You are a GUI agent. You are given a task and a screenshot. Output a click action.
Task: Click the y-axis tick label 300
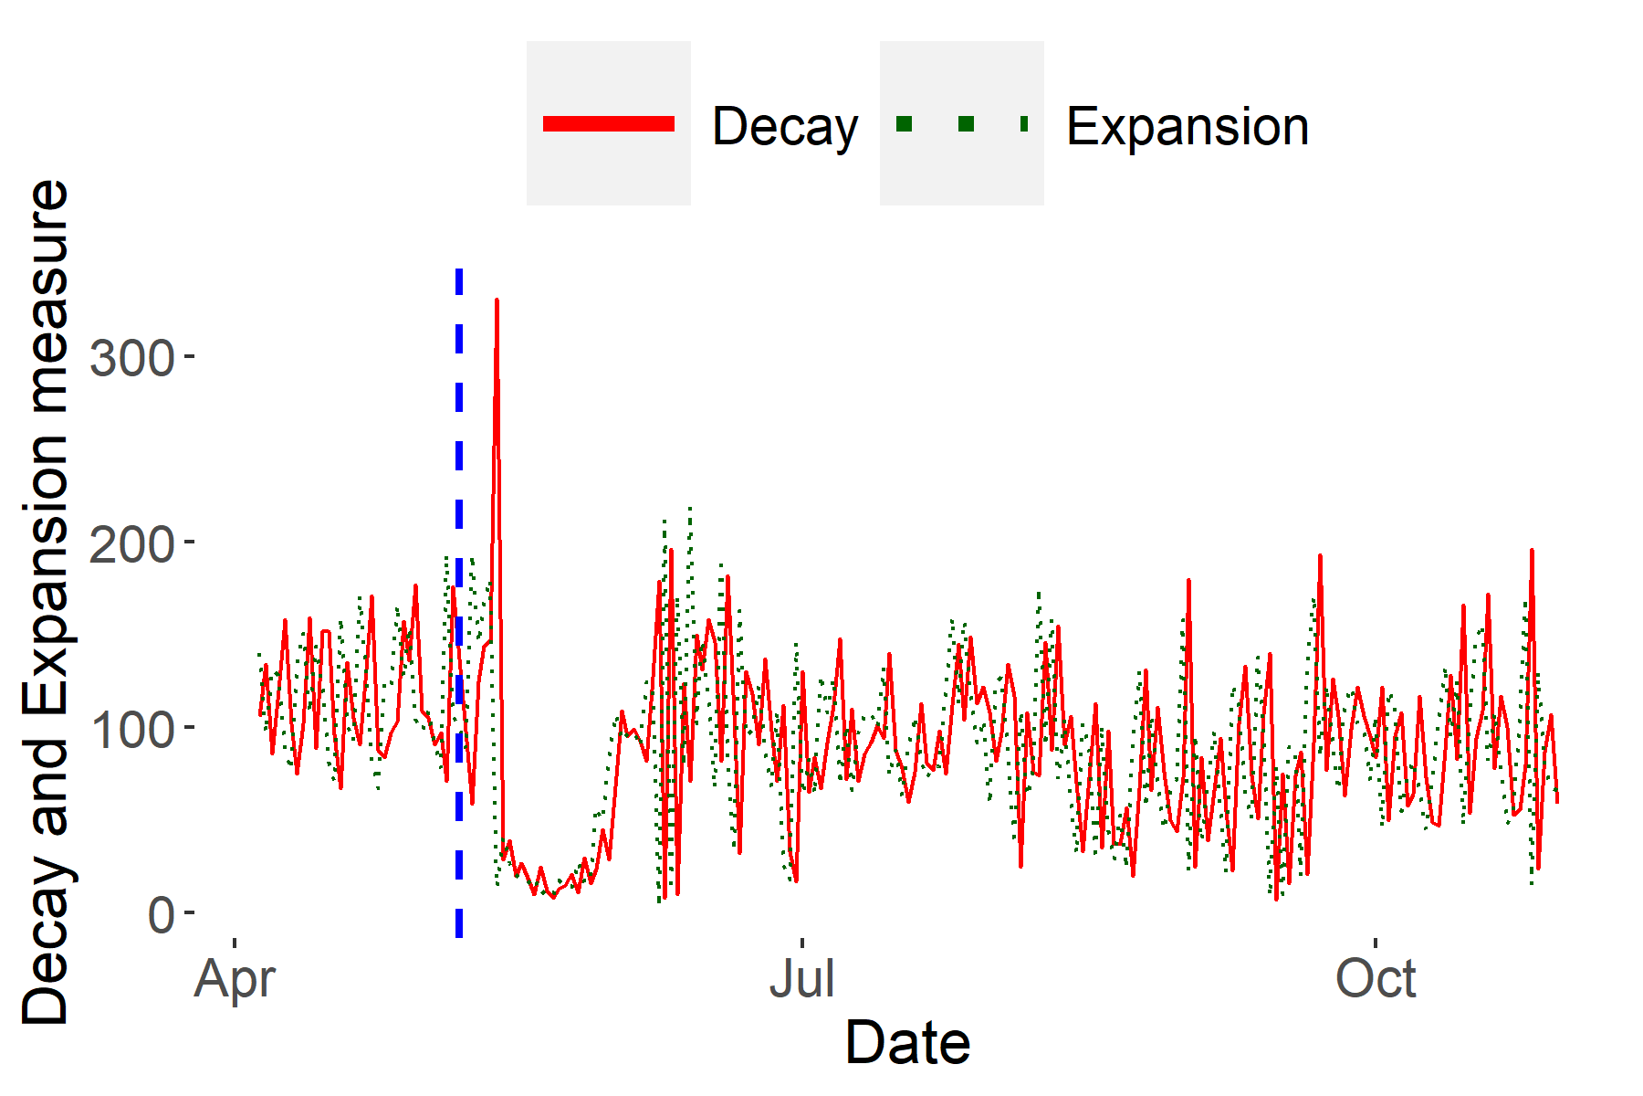pyautogui.click(x=131, y=358)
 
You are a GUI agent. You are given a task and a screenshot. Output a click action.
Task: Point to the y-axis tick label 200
pyautogui.click(x=131, y=544)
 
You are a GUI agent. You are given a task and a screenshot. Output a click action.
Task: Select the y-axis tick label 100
pyautogui.click(x=131, y=730)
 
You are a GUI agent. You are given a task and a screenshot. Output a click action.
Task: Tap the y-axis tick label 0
pyautogui.click(x=162, y=915)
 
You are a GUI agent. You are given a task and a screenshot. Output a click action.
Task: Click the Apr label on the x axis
pyautogui.click(x=235, y=980)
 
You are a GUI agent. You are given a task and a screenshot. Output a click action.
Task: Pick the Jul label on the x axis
pyautogui.click(x=801, y=979)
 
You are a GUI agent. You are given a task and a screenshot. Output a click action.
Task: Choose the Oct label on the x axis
pyautogui.click(x=1376, y=979)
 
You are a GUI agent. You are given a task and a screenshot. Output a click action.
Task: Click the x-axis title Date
pyautogui.click(x=907, y=1042)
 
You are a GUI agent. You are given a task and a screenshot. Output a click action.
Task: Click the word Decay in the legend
pyautogui.click(x=785, y=126)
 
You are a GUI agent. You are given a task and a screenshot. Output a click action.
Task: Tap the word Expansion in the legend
pyautogui.click(x=1188, y=126)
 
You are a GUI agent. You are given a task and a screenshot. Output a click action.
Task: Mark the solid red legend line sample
pyautogui.click(x=609, y=124)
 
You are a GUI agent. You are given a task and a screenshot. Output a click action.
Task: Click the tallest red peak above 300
pyautogui.click(x=497, y=300)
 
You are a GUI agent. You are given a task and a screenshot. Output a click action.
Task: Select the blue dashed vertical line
pyautogui.click(x=459, y=603)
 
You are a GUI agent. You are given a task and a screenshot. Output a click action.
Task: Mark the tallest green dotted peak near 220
pyautogui.click(x=690, y=508)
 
